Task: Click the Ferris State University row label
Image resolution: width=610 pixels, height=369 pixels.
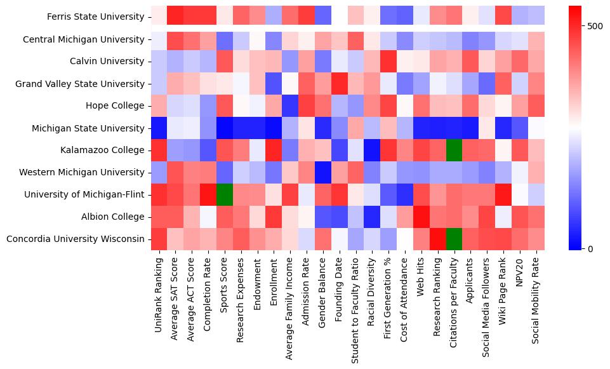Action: click(96, 17)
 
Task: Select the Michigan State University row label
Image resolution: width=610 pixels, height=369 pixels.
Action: click(88, 128)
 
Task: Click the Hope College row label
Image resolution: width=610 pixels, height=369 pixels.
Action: click(117, 106)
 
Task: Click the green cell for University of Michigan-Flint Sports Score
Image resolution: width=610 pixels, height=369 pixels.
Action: click(224, 194)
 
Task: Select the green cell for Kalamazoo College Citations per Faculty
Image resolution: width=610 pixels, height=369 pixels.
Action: click(454, 150)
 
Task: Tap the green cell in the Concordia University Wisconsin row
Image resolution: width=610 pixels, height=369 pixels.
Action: click(454, 239)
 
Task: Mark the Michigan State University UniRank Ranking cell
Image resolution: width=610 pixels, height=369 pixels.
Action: click(159, 128)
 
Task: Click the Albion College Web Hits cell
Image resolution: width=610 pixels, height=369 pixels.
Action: click(421, 217)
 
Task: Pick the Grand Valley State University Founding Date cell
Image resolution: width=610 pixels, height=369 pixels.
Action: click(340, 84)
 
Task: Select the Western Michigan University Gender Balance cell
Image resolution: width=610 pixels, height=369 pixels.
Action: click(323, 172)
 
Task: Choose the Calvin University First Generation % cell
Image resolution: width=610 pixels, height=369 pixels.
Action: click(389, 62)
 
